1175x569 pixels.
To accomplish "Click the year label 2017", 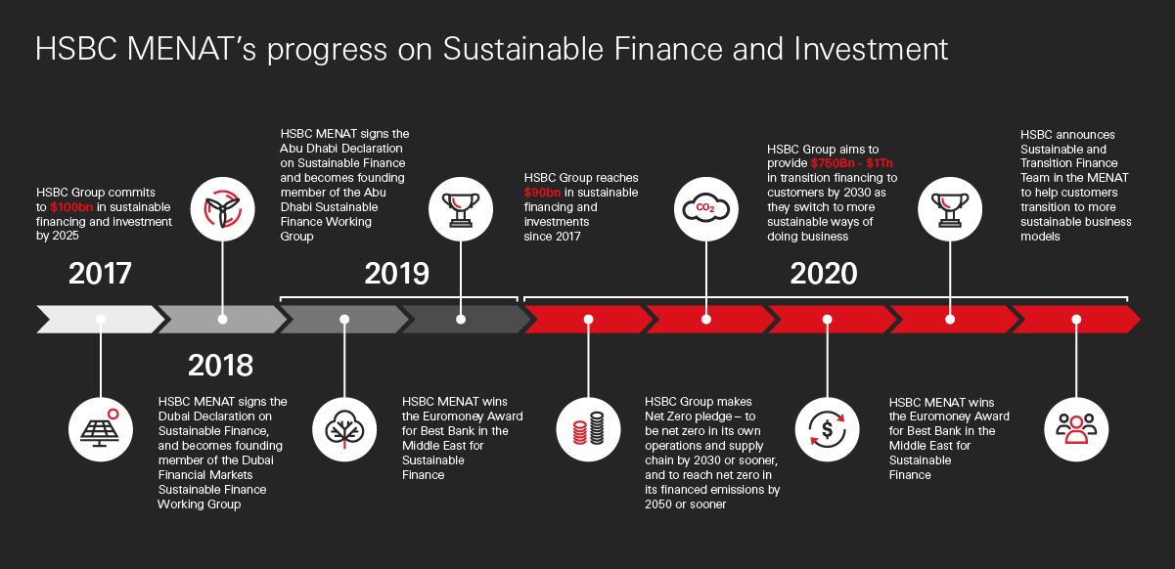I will [100, 273].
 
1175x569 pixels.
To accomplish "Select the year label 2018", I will [220, 365].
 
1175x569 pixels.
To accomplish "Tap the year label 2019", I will [396, 273].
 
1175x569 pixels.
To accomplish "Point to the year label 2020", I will [823, 273].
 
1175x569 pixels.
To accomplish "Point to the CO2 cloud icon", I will [707, 207].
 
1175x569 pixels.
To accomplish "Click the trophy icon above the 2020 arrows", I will [950, 207].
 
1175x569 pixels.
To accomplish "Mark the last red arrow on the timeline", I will [1075, 319].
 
